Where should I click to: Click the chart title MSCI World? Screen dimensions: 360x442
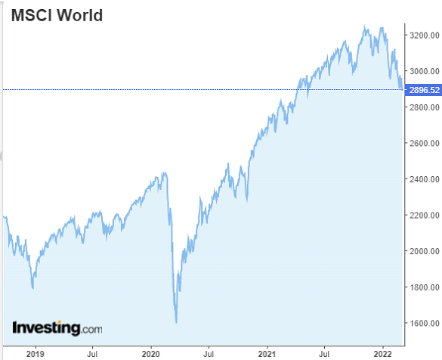coord(57,15)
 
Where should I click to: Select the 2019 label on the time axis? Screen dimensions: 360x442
coord(35,352)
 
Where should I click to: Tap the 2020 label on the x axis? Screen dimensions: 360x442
coord(150,352)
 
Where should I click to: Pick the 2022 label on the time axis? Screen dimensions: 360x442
coord(383,352)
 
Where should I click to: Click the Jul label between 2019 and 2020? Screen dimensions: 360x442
coord(92,352)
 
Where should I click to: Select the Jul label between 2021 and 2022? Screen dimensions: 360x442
coord(325,352)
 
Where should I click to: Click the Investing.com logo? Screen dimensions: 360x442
coord(57,328)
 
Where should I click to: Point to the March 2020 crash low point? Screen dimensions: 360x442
coord(176,322)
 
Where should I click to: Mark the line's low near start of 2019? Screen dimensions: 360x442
coord(32,287)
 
